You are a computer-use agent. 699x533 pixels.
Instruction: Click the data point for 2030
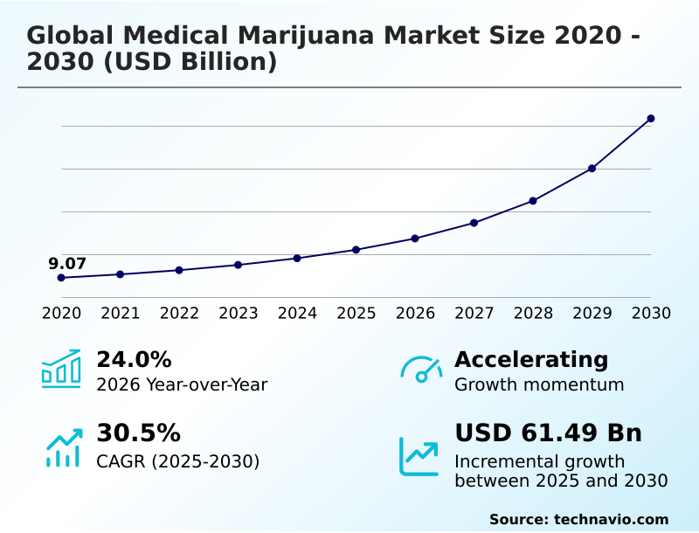(x=651, y=118)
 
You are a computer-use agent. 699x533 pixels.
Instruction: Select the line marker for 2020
(x=61, y=278)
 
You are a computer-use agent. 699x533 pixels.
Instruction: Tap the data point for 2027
(x=474, y=223)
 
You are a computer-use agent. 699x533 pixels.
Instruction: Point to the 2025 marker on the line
(x=356, y=250)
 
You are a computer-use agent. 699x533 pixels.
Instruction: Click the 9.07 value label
(x=67, y=263)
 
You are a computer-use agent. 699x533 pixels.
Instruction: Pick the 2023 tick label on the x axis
(x=238, y=313)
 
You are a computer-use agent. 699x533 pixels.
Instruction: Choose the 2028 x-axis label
(x=533, y=313)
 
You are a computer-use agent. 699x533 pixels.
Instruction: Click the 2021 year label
(x=120, y=313)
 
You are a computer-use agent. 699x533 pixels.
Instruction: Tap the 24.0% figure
(x=134, y=359)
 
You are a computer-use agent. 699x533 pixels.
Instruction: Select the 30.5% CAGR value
(x=138, y=433)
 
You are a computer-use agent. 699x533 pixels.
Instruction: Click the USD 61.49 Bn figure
(x=548, y=433)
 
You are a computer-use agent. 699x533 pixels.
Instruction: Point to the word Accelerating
(x=531, y=359)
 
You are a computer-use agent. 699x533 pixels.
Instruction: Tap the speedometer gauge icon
(x=420, y=369)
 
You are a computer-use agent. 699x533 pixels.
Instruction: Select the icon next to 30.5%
(x=63, y=446)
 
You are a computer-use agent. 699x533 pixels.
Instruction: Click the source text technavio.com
(x=611, y=519)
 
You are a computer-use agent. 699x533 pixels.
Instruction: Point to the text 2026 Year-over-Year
(x=182, y=384)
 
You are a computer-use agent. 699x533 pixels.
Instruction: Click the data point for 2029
(x=592, y=168)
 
